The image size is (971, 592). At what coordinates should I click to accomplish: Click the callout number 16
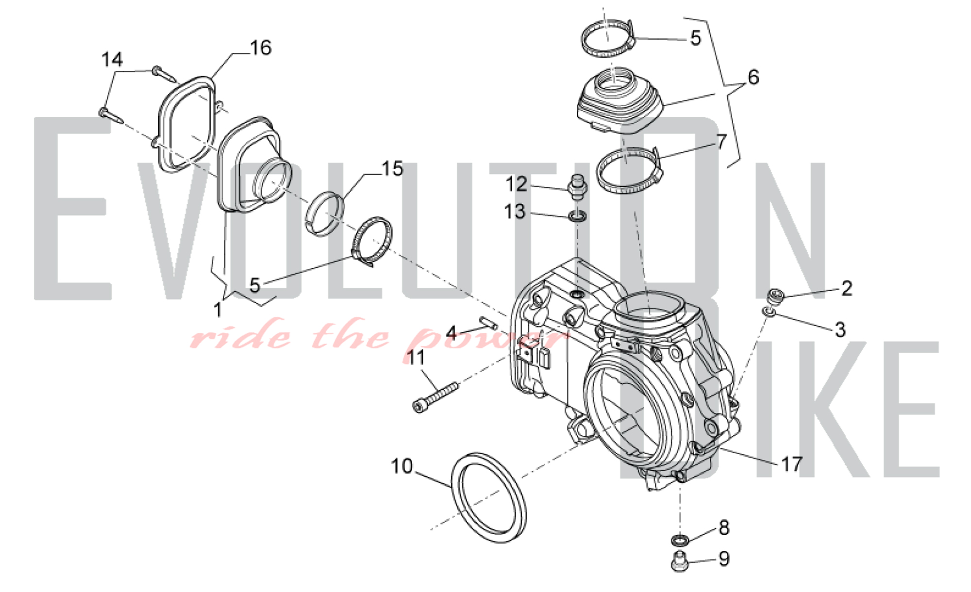click(x=260, y=48)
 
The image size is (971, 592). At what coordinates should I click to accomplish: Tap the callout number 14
click(x=112, y=60)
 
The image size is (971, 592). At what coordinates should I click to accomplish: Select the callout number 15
click(x=392, y=169)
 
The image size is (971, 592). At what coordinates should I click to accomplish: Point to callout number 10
click(x=402, y=466)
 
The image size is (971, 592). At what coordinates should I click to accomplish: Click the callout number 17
click(x=791, y=464)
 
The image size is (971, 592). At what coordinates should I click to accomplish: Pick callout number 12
click(x=516, y=184)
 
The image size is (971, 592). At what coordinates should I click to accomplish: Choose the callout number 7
click(x=721, y=142)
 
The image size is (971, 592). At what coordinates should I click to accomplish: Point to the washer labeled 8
click(x=680, y=539)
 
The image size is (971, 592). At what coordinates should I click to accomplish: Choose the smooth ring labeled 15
click(x=325, y=214)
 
